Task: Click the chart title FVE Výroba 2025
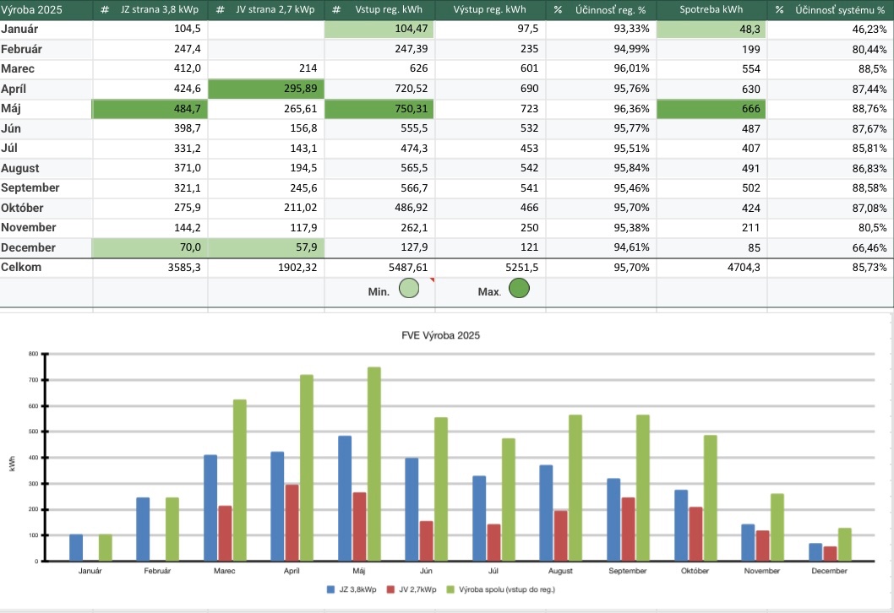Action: [x=440, y=335]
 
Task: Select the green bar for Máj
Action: [x=373, y=464]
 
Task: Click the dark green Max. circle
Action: [x=519, y=290]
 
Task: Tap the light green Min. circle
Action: [x=409, y=290]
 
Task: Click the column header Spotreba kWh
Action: [x=711, y=10]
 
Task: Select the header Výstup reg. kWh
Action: [x=492, y=10]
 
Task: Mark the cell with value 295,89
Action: [x=265, y=89]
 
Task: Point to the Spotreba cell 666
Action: [x=711, y=109]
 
